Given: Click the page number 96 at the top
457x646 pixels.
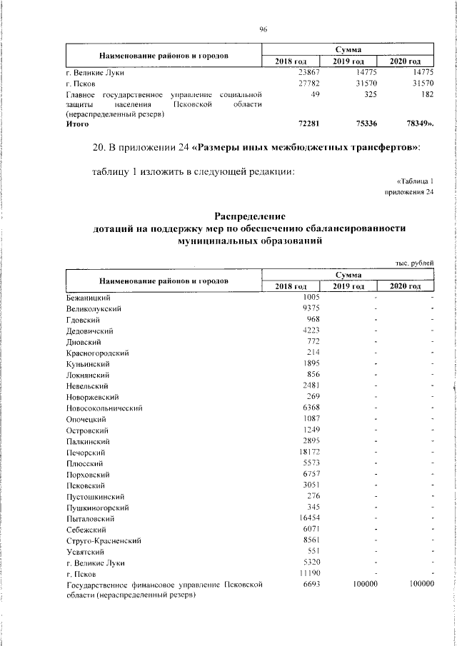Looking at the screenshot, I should [263, 29].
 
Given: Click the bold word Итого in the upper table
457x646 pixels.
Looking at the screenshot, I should [77, 123].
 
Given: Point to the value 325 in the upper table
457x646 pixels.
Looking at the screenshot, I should [366, 94].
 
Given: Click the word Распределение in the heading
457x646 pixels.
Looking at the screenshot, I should [250, 216].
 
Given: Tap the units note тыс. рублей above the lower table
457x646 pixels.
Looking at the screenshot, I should [415, 263].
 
